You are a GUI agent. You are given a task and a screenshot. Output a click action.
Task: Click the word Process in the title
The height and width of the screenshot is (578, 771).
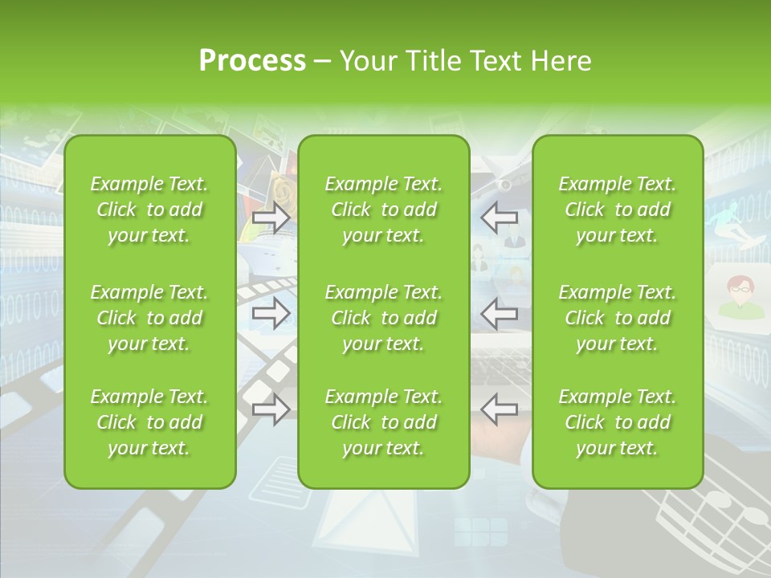tap(252, 61)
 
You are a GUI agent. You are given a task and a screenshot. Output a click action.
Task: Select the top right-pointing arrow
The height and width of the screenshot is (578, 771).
tap(271, 218)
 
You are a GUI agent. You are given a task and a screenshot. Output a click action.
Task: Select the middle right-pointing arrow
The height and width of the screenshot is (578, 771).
tap(271, 314)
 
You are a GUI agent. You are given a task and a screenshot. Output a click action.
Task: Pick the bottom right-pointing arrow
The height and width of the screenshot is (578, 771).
tap(271, 409)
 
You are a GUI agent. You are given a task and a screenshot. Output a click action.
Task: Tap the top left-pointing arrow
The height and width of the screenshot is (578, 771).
tap(500, 217)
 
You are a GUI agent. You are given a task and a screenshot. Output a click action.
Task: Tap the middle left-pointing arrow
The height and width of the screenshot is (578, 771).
tap(500, 313)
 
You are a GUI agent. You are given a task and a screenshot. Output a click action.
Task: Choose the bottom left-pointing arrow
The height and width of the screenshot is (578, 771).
tap(500, 409)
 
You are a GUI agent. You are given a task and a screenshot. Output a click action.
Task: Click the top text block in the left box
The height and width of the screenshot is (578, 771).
tap(149, 210)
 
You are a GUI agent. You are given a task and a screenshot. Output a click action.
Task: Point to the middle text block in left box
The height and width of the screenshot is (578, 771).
tap(149, 318)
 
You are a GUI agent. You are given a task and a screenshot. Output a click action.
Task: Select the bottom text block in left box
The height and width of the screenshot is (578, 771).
tap(149, 422)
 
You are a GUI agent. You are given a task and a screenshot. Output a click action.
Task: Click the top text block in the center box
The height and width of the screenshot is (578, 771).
tap(384, 210)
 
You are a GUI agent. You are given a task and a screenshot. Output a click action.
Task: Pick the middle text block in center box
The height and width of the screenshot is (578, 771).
tap(384, 318)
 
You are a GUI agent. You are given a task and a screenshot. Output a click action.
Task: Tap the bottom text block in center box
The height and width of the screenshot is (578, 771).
tap(384, 422)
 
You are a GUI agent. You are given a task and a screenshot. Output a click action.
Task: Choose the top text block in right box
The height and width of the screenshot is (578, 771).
tap(618, 210)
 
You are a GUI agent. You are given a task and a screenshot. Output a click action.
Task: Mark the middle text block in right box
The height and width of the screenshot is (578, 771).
tap(618, 318)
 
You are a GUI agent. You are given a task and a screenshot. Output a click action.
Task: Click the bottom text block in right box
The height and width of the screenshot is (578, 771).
tap(618, 422)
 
